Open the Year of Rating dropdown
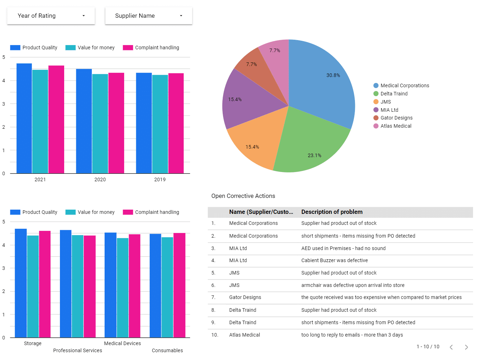click(x=51, y=16)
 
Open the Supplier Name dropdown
click(x=149, y=16)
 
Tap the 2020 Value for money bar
click(x=100, y=124)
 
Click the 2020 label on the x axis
click(x=100, y=179)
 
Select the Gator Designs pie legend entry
click(x=396, y=118)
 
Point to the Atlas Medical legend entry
click(x=396, y=126)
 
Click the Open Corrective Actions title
click(x=243, y=196)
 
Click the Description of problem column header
click(x=332, y=212)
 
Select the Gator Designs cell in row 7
click(x=245, y=297)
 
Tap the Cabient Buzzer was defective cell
click(x=334, y=260)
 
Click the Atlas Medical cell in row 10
click(x=244, y=335)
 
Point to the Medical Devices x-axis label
click(x=122, y=343)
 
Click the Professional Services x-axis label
click(x=78, y=350)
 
